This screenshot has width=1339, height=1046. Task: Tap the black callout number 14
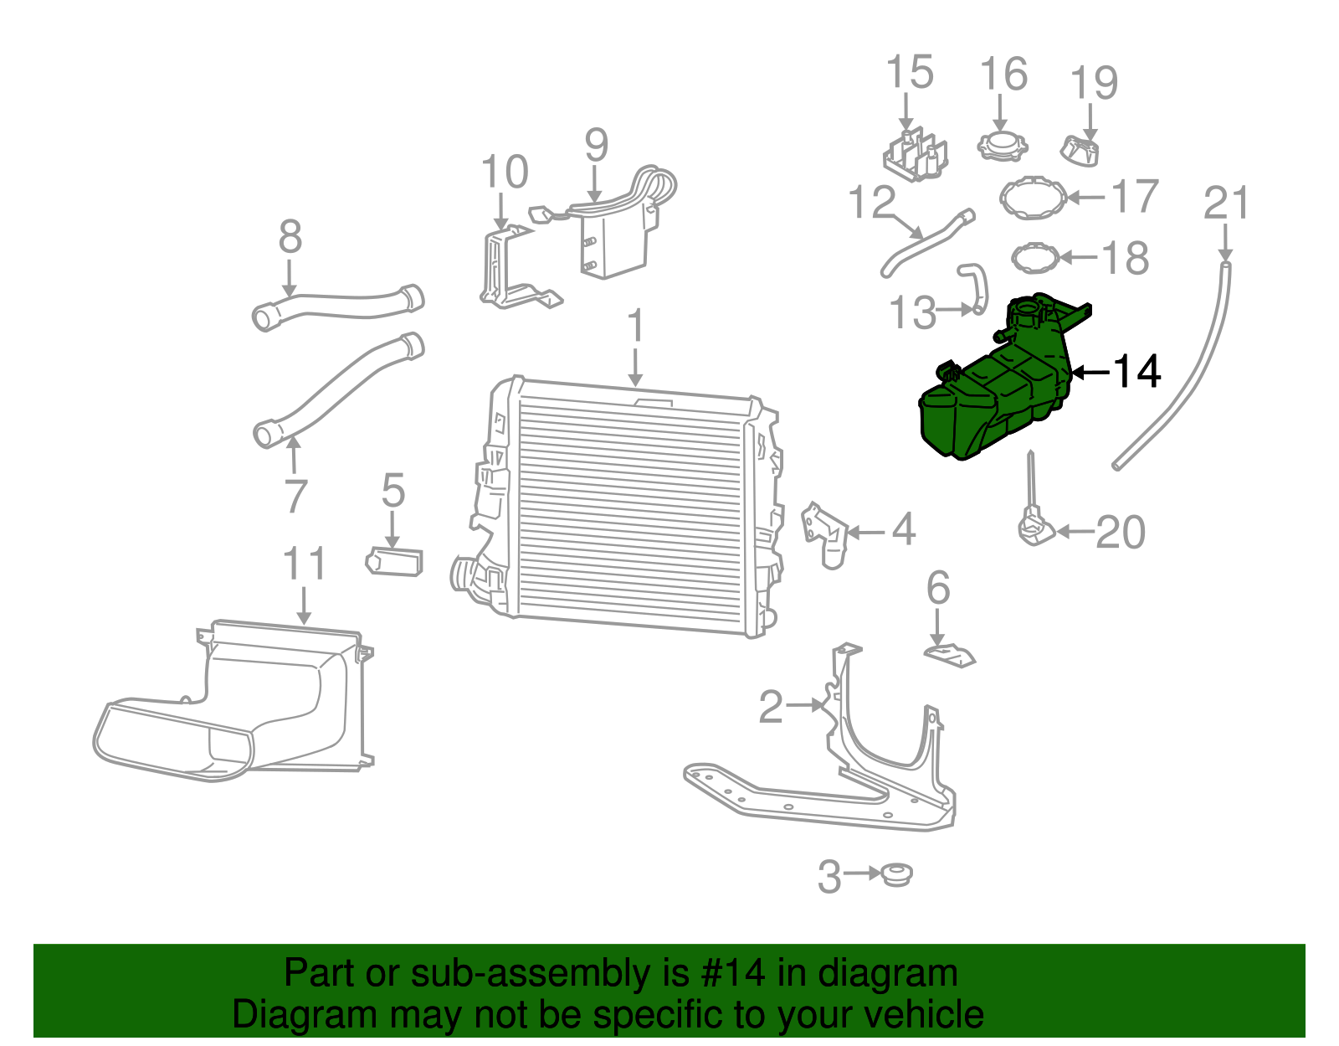[1136, 371]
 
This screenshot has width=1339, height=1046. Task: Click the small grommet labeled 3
[896, 875]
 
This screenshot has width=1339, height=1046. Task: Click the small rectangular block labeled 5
[394, 561]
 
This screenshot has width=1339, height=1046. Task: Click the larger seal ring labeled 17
[1034, 198]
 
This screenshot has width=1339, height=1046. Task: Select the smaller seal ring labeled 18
[1035, 258]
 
